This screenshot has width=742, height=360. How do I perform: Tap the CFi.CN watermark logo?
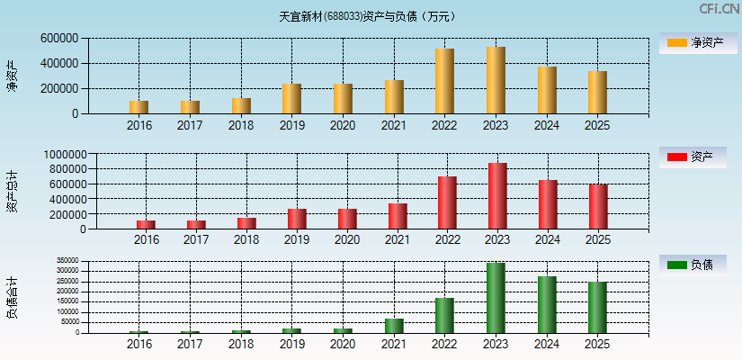tap(719, 9)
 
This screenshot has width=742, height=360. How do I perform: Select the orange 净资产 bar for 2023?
tap(496, 80)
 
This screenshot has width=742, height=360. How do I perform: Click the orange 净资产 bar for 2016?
tap(139, 107)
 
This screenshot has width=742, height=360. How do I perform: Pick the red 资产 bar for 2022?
tap(447, 202)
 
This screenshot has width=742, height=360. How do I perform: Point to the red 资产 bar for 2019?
tap(297, 219)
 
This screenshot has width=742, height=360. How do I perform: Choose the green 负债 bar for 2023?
tap(496, 297)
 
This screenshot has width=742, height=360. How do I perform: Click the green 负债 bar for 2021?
tap(394, 325)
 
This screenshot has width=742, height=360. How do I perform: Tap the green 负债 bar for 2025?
tap(597, 307)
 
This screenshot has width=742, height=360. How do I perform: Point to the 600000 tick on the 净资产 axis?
tap(58, 39)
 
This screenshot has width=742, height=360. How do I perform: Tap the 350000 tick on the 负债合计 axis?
tap(67, 262)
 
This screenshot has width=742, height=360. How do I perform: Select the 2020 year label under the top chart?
tap(342, 124)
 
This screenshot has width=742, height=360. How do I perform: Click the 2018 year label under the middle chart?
tap(246, 239)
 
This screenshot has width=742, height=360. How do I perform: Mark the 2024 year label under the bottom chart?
tap(547, 345)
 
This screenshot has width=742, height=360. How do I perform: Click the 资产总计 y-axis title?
tap(12, 192)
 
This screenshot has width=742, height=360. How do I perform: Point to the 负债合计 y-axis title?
tap(12, 298)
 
